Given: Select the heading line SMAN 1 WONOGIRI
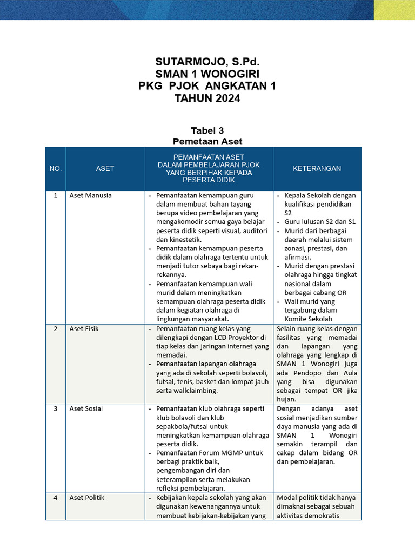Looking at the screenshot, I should [x=207, y=74].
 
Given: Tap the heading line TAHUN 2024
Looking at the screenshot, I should [x=207, y=98].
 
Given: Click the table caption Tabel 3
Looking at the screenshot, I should [x=207, y=130].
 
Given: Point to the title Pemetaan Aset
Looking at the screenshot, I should [x=207, y=141].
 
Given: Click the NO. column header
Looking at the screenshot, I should [x=56, y=168].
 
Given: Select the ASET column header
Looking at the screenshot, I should [x=105, y=168].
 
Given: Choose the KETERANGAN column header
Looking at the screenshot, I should [x=317, y=168].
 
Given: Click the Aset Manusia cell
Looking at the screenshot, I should [x=90, y=195].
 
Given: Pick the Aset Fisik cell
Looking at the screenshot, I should [x=84, y=328].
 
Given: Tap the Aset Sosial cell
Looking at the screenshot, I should [x=86, y=408].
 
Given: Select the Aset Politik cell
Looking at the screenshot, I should [x=87, y=497].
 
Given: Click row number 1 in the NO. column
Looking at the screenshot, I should [x=56, y=195].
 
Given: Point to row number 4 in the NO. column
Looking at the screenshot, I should [x=56, y=497].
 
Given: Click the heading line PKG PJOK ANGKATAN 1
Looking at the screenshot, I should [x=207, y=87].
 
